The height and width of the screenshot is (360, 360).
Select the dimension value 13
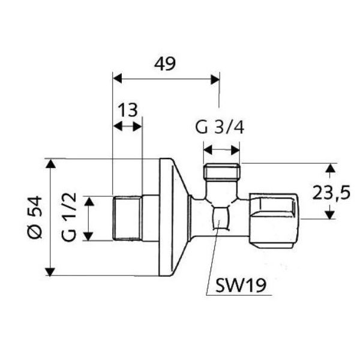click(128, 110)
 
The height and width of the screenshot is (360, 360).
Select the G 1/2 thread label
click(70, 218)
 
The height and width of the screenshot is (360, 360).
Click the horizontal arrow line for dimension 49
click(166, 78)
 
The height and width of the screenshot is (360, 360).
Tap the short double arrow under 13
click(128, 126)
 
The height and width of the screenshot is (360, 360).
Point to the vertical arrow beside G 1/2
click(88, 218)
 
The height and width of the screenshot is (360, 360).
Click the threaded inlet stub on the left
click(127, 218)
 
